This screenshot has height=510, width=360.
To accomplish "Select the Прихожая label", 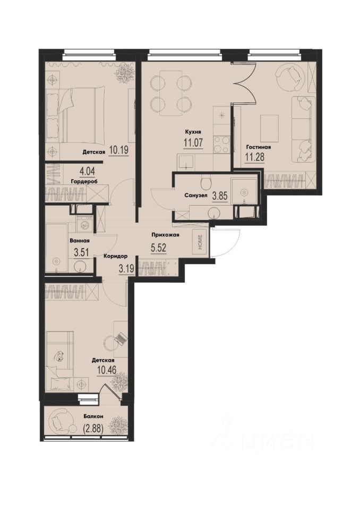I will [165, 234].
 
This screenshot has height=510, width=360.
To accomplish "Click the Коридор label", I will [115, 256].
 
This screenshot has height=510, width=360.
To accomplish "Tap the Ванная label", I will [78, 240].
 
